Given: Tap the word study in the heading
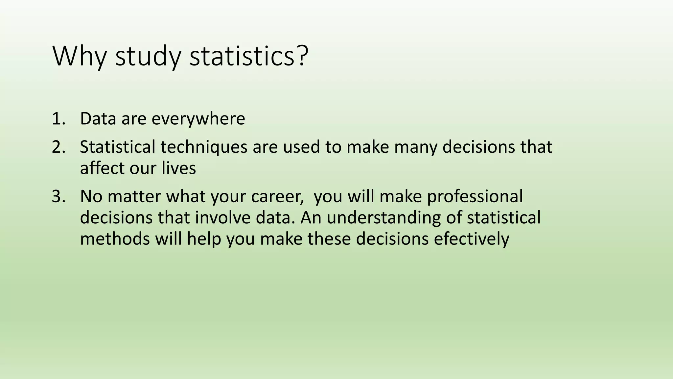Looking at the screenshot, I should pyautogui.click(x=148, y=57).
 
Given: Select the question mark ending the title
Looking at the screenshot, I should pyautogui.click(x=302, y=55).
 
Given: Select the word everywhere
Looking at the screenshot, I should pyautogui.click(x=198, y=119).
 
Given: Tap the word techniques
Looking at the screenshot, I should pyautogui.click(x=204, y=147).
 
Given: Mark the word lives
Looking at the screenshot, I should pyautogui.click(x=179, y=168).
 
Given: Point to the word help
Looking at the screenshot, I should pyautogui.click(x=204, y=239).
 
